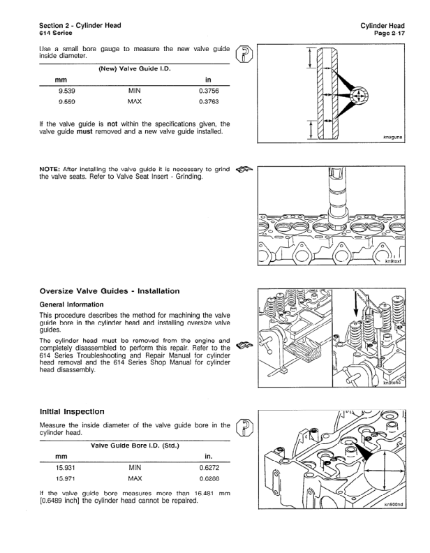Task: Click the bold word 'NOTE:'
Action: tap(51, 170)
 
